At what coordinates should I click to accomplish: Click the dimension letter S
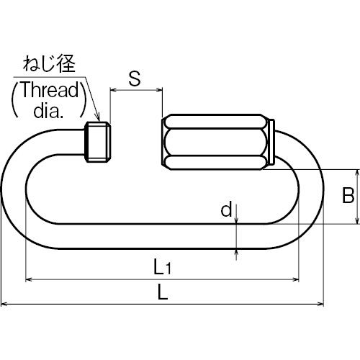point(135,78)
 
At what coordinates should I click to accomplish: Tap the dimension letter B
point(348,195)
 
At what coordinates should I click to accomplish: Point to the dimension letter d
point(226,209)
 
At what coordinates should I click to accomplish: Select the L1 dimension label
point(162,267)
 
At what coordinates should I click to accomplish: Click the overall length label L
point(163,292)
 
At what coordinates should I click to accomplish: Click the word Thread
point(50,89)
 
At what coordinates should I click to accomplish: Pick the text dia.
point(48,111)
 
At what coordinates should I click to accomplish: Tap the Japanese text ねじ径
point(49,63)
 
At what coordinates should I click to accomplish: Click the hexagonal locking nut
point(215,142)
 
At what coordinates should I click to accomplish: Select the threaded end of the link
point(98,142)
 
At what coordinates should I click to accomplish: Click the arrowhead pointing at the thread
point(98,117)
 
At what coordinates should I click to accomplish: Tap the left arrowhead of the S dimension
point(113,90)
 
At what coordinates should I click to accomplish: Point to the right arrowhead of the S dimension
point(159,90)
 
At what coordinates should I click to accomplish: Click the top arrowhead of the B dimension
point(357,173)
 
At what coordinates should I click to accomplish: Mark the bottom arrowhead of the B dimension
point(357,220)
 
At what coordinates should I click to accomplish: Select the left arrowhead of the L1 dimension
point(29,279)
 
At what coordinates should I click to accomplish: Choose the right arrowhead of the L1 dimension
point(296,279)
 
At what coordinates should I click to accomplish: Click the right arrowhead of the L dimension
point(320,305)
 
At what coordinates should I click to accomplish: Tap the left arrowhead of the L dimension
point(4,305)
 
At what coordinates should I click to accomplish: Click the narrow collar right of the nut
point(271,142)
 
